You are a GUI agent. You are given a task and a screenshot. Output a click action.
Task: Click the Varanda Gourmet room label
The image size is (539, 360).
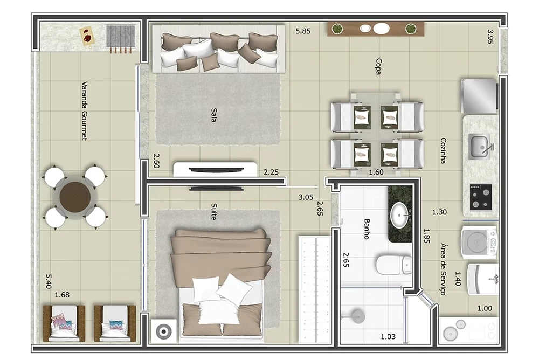84,110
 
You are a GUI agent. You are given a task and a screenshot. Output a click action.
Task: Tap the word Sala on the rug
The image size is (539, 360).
214,115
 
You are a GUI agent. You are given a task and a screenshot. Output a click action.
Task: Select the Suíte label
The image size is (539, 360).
214,211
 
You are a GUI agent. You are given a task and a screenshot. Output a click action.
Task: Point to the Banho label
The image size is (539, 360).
367,229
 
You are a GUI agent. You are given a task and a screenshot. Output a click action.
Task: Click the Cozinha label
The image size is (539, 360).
444,150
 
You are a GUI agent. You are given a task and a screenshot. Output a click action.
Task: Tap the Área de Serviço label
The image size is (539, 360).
444,269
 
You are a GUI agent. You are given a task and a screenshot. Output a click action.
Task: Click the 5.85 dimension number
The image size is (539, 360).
303,31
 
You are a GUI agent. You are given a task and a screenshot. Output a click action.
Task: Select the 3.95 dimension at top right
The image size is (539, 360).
490,37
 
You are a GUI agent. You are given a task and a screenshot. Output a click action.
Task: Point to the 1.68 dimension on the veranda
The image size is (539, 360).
62,295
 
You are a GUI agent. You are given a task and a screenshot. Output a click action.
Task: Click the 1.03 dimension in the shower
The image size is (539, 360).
388,337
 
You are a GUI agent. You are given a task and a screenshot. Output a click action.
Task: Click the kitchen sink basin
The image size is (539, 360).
479,147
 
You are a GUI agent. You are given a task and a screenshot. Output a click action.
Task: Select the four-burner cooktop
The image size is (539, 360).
481,197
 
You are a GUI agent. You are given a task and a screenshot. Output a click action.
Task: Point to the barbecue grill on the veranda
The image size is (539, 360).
120,37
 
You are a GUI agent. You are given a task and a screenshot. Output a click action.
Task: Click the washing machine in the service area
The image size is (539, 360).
479,242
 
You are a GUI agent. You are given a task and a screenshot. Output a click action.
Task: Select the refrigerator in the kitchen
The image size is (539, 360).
479,96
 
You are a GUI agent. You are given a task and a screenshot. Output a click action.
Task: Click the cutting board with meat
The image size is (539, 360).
88,36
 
